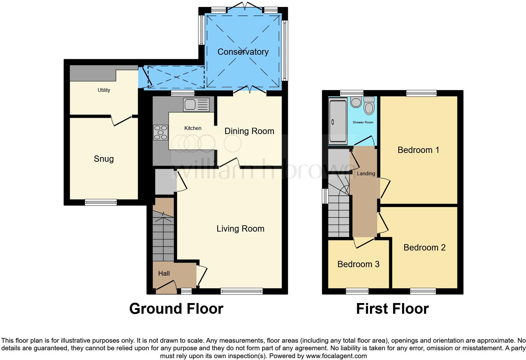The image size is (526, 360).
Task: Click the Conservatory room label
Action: click(x=243, y=52)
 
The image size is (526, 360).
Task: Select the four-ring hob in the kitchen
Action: click(x=160, y=132)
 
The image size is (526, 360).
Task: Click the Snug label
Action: click(x=104, y=159)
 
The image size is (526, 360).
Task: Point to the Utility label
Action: click(x=104, y=90)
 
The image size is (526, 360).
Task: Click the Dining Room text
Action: click(x=249, y=131)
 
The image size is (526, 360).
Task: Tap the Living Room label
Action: click(x=240, y=229)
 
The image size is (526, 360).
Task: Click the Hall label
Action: click(x=164, y=274)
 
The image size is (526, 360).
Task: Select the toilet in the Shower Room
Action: click(x=369, y=106)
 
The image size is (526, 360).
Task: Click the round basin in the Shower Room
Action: click(x=356, y=102)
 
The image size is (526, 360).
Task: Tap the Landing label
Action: click(x=366, y=174)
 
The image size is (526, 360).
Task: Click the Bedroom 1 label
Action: click(x=418, y=150)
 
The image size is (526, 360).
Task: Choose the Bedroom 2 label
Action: click(x=424, y=248)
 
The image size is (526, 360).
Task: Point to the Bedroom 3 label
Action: click(x=358, y=264)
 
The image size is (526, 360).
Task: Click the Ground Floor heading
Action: click(x=176, y=309)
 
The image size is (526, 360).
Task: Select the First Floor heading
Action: click(x=392, y=309)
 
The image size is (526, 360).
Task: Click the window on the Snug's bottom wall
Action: click(x=101, y=202)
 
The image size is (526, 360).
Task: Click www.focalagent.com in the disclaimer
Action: click(x=336, y=356)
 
